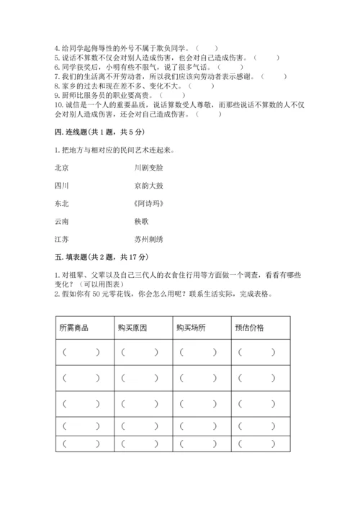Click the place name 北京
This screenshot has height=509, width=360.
pos(61,168)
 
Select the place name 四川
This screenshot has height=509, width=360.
pos(61,186)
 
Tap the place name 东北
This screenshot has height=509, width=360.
pos(61,204)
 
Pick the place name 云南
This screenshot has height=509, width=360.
pos(61,222)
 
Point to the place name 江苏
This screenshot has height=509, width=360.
pos(61,240)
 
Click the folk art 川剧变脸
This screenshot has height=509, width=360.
pos(148,168)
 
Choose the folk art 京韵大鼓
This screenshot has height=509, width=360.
pos(148,186)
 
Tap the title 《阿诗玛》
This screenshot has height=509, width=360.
pos(148,204)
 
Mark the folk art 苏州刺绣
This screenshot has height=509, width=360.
pos(148,240)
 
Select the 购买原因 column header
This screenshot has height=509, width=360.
pos(132,328)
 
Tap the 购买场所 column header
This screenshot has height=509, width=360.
pos(190,328)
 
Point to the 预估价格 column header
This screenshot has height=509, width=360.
pos(249,328)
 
